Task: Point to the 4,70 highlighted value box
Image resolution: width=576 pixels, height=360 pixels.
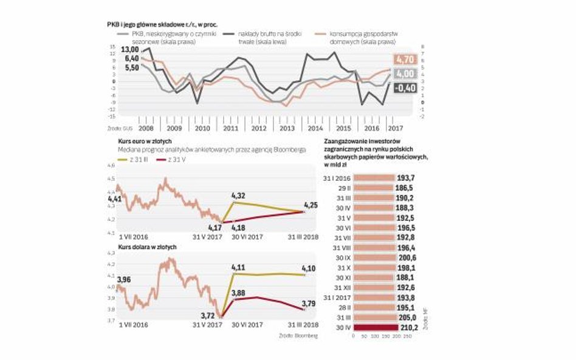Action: click(404, 59)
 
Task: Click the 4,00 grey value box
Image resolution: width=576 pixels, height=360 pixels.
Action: click(404, 74)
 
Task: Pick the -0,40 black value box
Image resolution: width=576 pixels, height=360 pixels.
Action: click(404, 88)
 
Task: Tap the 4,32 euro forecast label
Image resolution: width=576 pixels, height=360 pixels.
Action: click(239, 195)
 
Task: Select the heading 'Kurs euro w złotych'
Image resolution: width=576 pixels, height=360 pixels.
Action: click(138, 141)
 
